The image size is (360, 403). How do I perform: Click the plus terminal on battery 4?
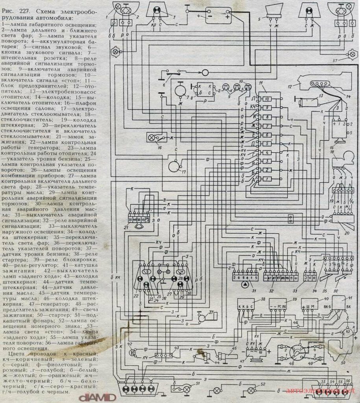pyautogui.click(x=227, y=17)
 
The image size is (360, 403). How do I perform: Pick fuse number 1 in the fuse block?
pyautogui.click(x=266, y=179)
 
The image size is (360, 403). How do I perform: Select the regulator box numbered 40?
pyautogui.click(x=309, y=307)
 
